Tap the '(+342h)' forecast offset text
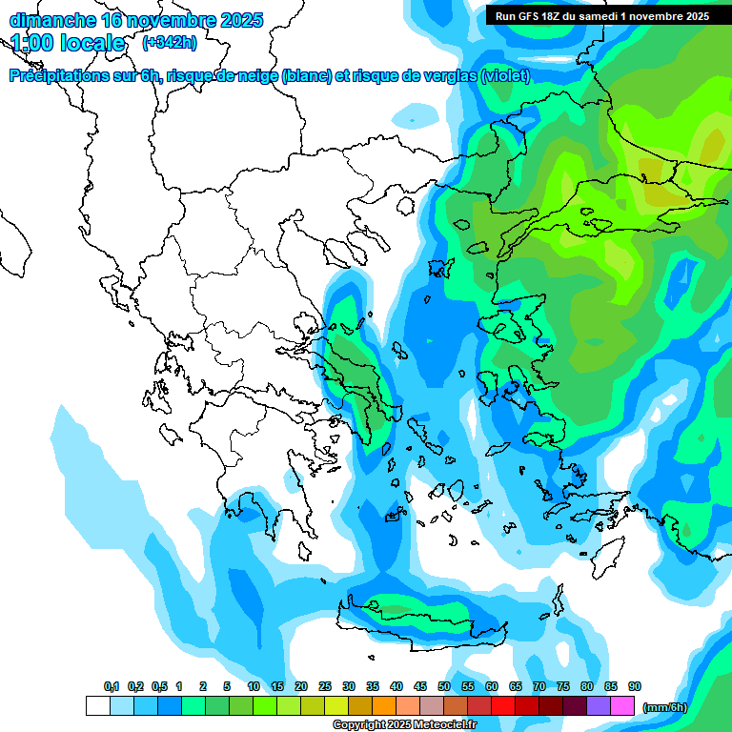click(170, 43)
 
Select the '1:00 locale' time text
click(69, 43)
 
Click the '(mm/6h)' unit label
click(664, 707)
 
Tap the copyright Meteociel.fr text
click(404, 725)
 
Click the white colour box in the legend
click(97, 706)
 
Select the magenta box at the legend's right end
click(622, 706)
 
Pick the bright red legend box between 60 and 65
click(503, 706)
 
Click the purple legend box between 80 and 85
click(599, 706)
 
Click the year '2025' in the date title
click(238, 20)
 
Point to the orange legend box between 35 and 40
click(384, 706)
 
